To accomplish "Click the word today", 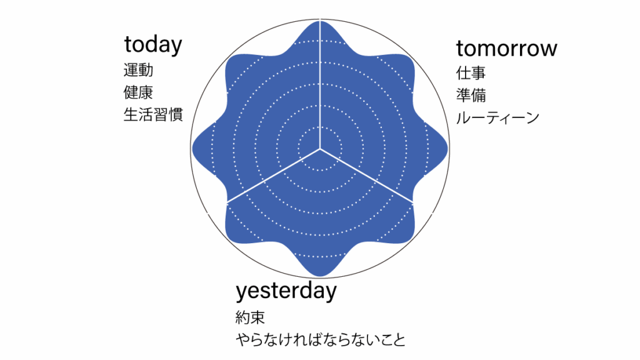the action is click(153, 45).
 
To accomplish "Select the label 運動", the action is click(138, 70).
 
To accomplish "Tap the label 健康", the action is click(138, 92).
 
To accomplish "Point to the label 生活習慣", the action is click(153, 114).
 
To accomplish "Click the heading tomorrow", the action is click(506, 49).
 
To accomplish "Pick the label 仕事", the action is click(471, 74).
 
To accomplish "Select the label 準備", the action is click(471, 96).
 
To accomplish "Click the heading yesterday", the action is click(286, 291).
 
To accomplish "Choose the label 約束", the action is click(250, 317).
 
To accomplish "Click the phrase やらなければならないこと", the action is click(321, 339).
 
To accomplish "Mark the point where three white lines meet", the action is click(320, 149).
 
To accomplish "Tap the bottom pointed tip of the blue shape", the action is click(321, 276).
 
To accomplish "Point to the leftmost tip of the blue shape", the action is click(192, 148).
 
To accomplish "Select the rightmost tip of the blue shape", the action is click(447, 148).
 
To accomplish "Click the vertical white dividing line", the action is click(320, 84).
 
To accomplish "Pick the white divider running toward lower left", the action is click(274, 176).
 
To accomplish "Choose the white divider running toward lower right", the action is click(366, 176).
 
